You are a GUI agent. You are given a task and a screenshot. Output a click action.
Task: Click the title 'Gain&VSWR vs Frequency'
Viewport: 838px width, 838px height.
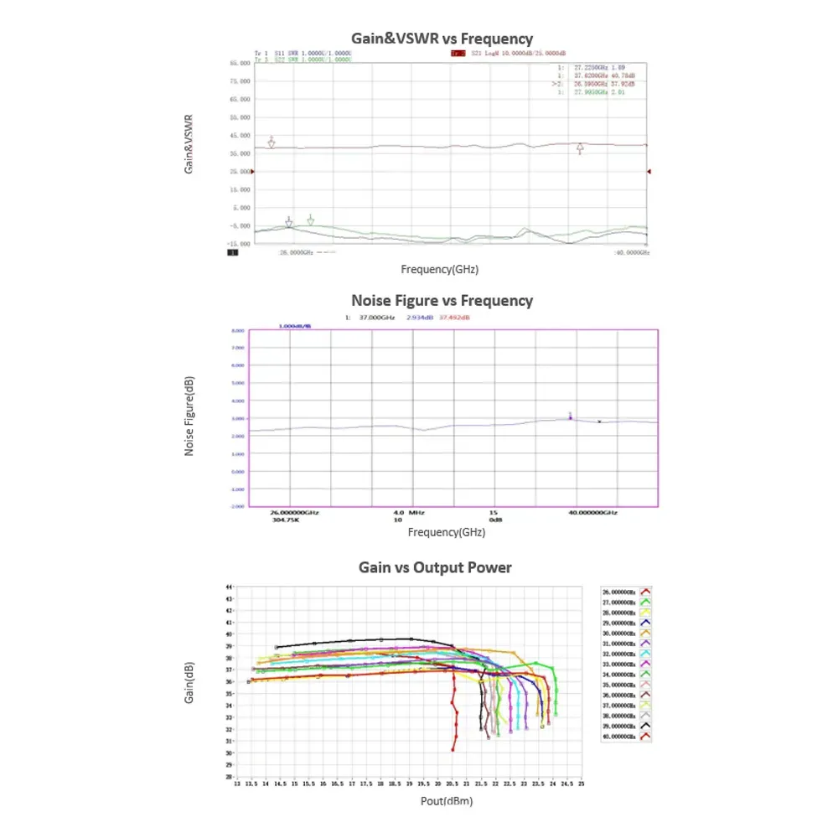pyautogui.click(x=442, y=39)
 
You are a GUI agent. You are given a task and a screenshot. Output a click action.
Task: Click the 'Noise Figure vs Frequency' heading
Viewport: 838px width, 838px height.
pyautogui.click(x=442, y=300)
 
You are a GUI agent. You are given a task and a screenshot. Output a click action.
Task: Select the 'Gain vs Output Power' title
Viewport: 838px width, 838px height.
pyautogui.click(x=435, y=567)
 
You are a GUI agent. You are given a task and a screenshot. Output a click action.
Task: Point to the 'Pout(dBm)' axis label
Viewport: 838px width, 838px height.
pyautogui.click(x=446, y=801)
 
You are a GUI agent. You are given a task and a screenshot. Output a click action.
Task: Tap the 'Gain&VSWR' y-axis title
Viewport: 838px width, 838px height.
pyautogui.click(x=189, y=143)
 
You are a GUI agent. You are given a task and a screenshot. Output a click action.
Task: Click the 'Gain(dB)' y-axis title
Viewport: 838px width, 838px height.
pyautogui.click(x=189, y=683)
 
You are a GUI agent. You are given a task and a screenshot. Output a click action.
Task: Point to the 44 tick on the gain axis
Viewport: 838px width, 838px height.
pyautogui.click(x=230, y=587)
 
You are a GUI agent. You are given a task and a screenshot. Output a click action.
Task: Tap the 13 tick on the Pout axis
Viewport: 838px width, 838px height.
pyautogui.click(x=237, y=784)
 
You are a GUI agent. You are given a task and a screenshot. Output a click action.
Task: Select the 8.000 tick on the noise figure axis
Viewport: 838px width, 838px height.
pyautogui.click(x=237, y=330)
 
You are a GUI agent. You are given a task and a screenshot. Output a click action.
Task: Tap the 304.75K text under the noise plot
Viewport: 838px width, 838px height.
pyautogui.click(x=286, y=520)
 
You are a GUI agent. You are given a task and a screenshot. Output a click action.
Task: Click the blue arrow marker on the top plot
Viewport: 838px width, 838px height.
pyautogui.click(x=289, y=222)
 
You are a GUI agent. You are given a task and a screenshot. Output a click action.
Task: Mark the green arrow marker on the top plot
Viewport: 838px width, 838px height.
pyautogui.click(x=311, y=220)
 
